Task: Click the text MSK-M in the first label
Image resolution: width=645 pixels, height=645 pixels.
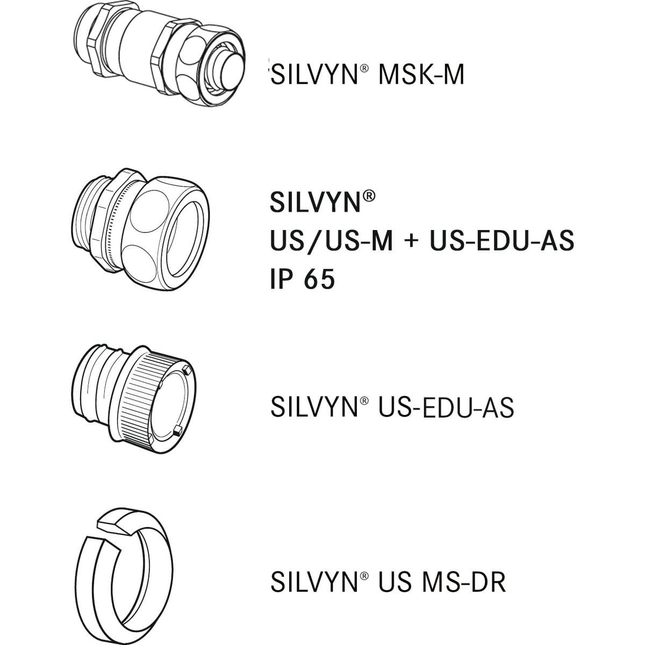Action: (421, 74)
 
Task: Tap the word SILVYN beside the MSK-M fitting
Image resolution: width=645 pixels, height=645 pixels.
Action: (314, 74)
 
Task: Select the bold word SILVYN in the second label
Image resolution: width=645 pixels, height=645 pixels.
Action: (315, 202)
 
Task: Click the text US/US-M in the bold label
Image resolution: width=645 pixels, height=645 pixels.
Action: (331, 241)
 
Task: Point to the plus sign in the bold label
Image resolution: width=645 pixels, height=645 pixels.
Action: (411, 242)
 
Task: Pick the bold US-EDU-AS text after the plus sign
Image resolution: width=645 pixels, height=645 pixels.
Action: (502, 241)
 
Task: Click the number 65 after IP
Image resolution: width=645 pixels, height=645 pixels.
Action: (319, 279)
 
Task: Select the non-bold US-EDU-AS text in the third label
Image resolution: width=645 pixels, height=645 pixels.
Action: (446, 407)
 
